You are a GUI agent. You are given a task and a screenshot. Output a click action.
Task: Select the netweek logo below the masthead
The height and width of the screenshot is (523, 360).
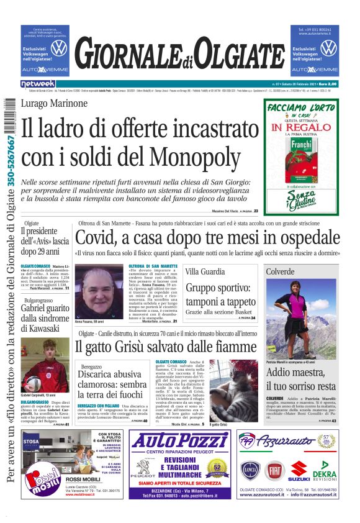[38, 83]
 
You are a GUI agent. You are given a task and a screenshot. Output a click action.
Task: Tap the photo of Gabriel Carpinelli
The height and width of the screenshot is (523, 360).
[45, 364]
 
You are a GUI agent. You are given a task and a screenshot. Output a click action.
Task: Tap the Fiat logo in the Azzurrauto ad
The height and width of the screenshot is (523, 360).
[273, 470]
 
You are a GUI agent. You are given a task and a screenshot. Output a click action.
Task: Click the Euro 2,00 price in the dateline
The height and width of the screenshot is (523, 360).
[328, 83]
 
